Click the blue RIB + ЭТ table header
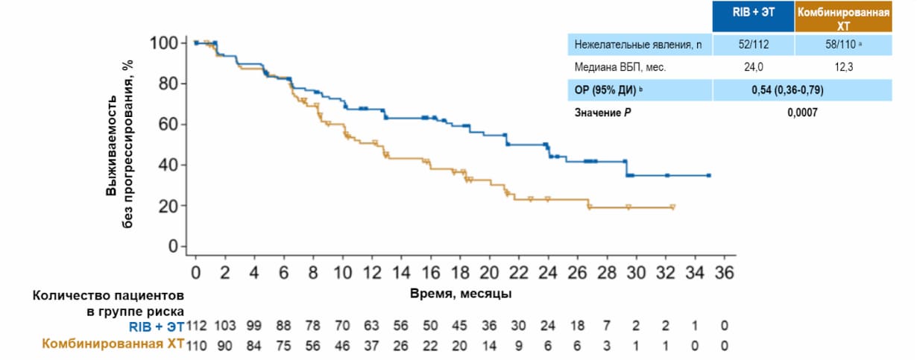point(753,16)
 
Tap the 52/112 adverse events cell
point(753,45)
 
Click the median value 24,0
point(753,67)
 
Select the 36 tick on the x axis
point(724,274)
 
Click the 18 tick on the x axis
point(459,274)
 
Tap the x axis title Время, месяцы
point(461,294)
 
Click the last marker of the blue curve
point(708,175)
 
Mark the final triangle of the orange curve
point(672,207)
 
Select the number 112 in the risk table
point(195,326)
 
